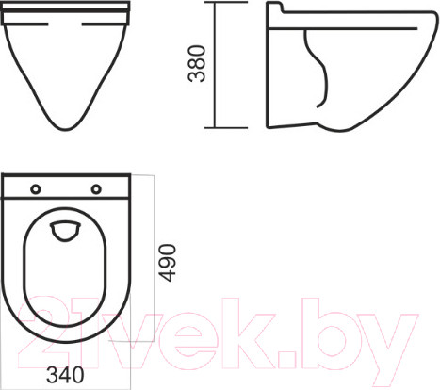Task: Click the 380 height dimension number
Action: [x=197, y=63]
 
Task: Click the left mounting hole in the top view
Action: [x=35, y=189]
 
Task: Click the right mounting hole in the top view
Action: [x=96, y=189]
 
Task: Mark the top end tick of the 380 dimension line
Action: [x=219, y=3]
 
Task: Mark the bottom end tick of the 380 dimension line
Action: [x=219, y=128]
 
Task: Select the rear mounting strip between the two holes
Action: [x=65, y=189]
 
